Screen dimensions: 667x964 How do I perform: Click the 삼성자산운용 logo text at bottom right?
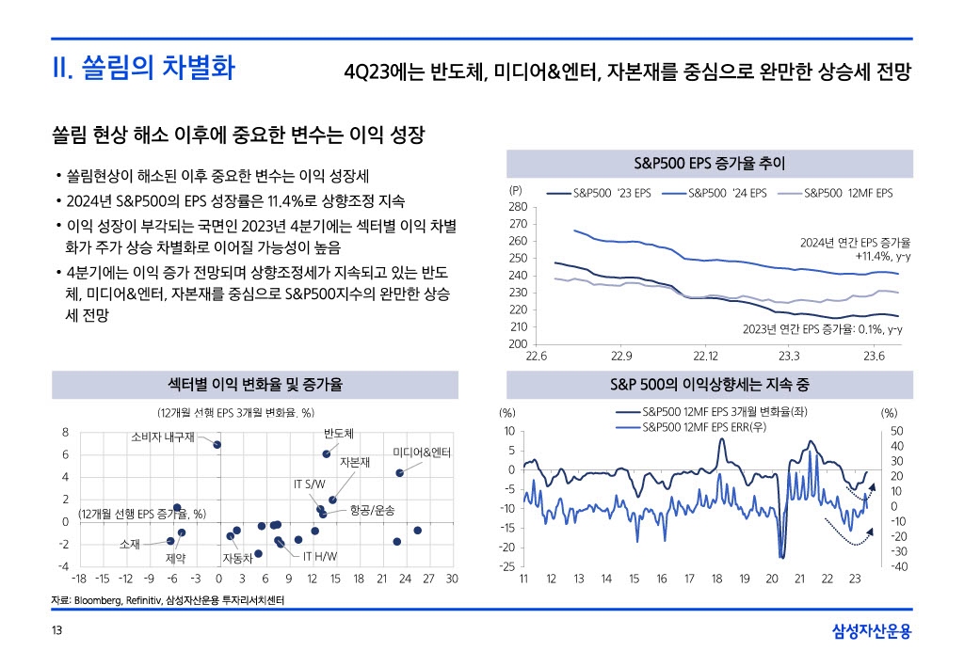(873, 630)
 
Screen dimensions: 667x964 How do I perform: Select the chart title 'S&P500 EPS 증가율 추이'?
(710, 164)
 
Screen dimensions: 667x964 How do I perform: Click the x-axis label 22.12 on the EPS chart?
(705, 357)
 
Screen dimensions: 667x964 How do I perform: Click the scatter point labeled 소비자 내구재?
(217, 444)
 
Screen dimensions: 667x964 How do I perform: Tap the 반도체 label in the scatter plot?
(338, 434)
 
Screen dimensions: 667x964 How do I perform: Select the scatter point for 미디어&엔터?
(400, 473)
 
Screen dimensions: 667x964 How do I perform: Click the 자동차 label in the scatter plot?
(237, 558)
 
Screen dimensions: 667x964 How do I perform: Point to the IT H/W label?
(320, 556)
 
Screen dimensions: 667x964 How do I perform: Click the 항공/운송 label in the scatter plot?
(372, 510)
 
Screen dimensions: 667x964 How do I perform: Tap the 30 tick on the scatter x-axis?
(452, 578)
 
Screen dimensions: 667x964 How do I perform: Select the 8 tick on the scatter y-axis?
(65, 432)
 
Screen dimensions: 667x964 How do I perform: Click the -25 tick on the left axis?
(506, 566)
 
